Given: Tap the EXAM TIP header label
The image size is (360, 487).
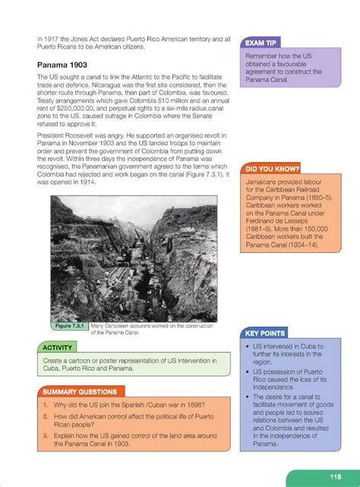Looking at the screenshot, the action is point(262,43).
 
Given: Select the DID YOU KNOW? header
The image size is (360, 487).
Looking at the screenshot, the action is point(271,168).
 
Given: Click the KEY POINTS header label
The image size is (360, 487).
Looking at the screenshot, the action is point(266,333).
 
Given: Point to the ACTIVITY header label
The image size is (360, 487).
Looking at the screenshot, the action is point(56,346).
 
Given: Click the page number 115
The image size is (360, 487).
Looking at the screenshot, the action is point(335,476).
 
